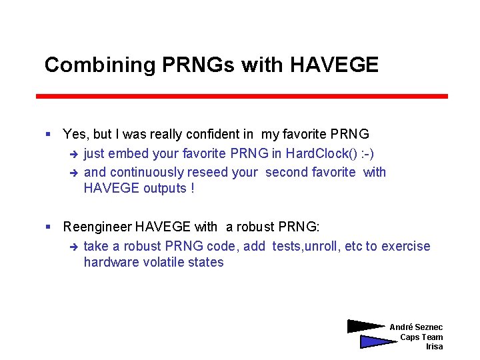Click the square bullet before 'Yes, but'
(49, 135)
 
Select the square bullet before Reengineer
(49, 228)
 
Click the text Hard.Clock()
(320, 153)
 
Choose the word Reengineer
(97, 227)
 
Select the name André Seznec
(416, 327)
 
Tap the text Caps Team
(421, 337)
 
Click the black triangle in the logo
(363, 326)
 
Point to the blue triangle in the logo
(375, 341)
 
